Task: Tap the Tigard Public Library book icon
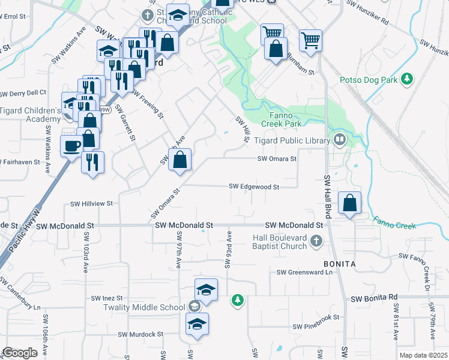pos(340,140)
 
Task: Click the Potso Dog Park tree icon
pos(408,79)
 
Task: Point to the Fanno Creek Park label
pos(281,119)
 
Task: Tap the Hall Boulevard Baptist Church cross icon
pos(317,241)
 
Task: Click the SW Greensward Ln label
pos(304,272)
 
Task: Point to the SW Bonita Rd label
pos(375,298)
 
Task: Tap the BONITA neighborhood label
pos(340,264)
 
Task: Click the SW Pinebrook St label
pos(316,326)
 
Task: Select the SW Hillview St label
pos(92,203)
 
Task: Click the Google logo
pos(20,353)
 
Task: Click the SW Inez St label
pos(106,298)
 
